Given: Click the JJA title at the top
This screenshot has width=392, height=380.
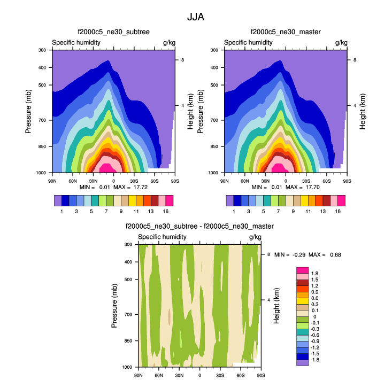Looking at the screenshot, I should (x=196, y=17).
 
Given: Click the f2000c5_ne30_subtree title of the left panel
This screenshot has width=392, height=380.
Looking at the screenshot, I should (x=113, y=32).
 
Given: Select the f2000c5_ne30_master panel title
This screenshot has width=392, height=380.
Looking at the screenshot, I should (x=286, y=32).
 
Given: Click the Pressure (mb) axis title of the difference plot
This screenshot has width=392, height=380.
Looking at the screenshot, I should (x=114, y=306).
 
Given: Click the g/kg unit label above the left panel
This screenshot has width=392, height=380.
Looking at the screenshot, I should (x=169, y=42).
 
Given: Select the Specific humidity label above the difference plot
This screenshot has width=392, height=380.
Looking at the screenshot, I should (x=162, y=237).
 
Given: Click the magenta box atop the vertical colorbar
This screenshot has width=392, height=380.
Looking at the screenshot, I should (x=302, y=270).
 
